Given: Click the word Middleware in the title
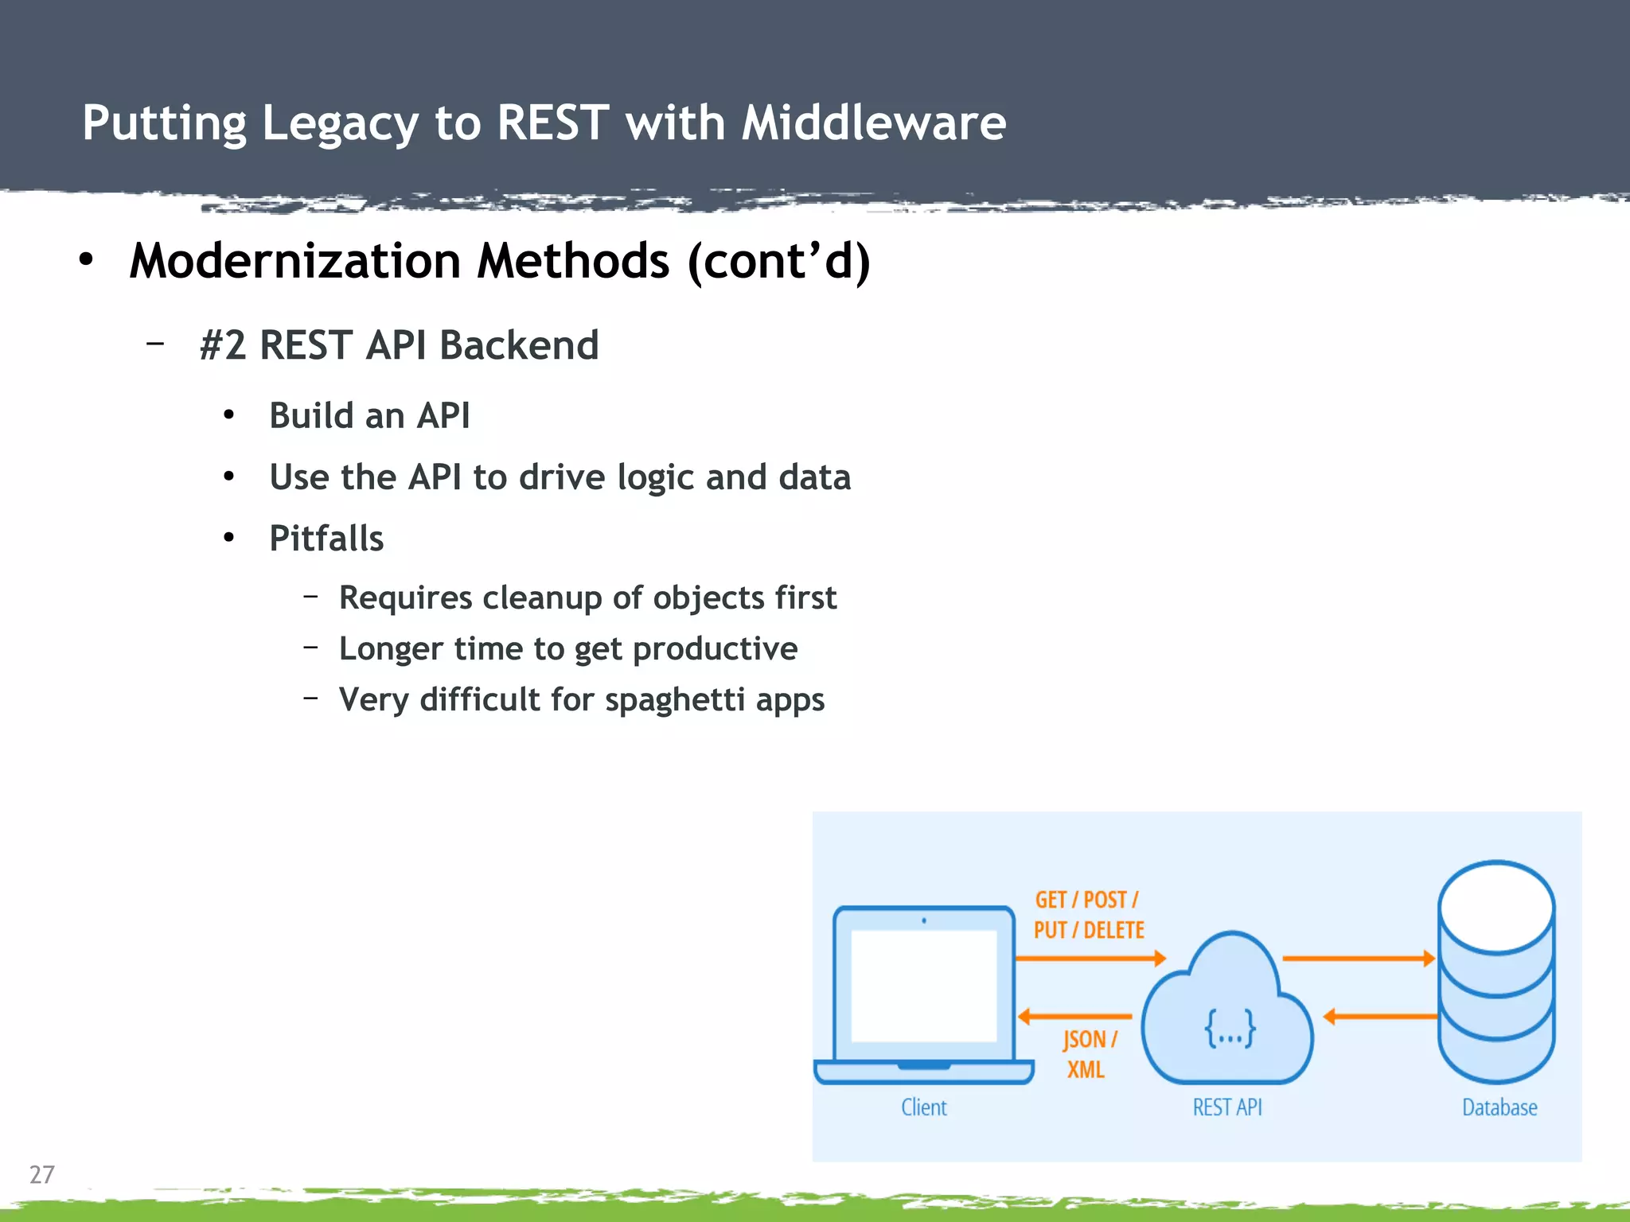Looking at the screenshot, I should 873,123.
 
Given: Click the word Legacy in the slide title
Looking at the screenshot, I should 339,125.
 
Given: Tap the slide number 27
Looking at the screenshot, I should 41,1174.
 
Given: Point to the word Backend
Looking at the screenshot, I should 518,345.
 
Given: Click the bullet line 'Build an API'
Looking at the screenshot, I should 369,415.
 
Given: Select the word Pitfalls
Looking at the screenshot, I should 326,539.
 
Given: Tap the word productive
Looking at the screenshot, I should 715,649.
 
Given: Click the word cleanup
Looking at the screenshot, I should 542,598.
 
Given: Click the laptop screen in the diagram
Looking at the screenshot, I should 923,985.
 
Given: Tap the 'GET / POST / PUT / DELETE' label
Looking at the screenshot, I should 1088,915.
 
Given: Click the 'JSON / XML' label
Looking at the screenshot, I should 1088,1054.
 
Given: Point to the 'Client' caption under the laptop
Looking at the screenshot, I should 923,1107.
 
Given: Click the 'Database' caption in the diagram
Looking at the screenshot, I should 1499,1107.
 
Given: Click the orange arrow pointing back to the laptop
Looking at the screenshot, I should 1074,1016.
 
